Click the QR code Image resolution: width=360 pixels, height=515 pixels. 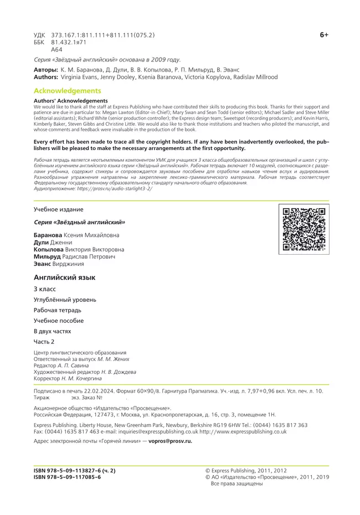pos(303,229)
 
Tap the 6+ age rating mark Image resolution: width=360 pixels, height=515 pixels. pos(324,34)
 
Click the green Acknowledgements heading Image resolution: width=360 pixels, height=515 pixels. pos(67,90)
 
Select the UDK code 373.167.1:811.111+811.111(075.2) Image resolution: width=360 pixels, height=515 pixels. pos(103,34)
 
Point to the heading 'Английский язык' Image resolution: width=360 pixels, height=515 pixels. pos(64,277)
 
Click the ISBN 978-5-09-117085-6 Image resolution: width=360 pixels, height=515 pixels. pos(67,477)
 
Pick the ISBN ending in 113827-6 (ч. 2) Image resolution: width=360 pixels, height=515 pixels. pos(74,470)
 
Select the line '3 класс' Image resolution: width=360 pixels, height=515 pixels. pos(45,289)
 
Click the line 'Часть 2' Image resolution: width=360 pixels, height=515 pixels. pos(44,342)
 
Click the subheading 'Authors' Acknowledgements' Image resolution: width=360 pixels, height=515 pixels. pos(70,101)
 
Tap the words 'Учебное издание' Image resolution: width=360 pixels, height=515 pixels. pos(58,209)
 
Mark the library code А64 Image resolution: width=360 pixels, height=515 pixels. pos(56,49)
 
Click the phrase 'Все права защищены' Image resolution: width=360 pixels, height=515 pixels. pos(236,483)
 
